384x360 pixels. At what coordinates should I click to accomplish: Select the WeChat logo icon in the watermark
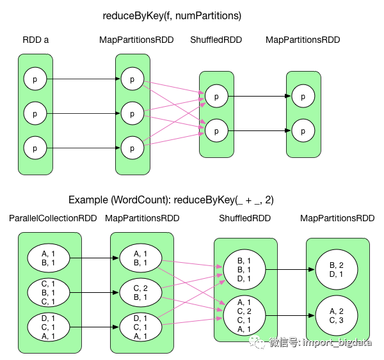coord(257,343)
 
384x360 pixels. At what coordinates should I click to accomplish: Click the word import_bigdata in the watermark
coord(337,343)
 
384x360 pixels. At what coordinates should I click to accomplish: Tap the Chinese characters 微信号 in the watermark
coord(283,343)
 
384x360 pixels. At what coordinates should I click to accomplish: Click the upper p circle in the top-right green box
coord(303,97)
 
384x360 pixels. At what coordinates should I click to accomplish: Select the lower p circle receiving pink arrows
coord(216,130)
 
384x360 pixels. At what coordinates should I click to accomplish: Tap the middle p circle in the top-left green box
coord(35,114)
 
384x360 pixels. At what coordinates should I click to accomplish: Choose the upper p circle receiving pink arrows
coord(216,97)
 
